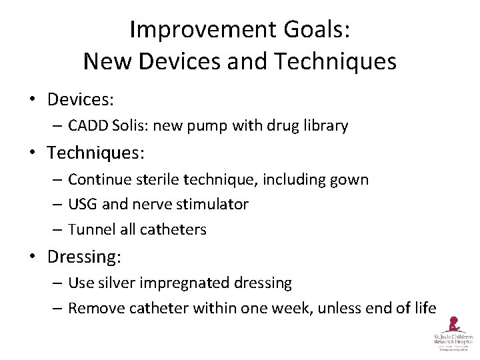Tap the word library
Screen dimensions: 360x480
click(324, 125)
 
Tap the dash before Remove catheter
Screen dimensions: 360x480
click(57, 307)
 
